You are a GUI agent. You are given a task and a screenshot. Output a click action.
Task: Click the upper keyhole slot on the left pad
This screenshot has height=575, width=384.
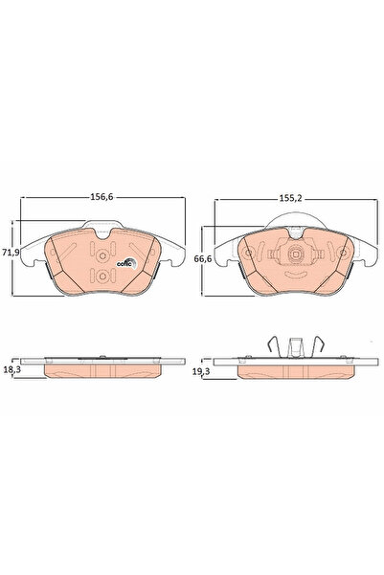coord(102,254)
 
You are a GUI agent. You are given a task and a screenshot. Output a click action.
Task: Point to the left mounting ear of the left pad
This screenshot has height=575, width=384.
coord(29,254)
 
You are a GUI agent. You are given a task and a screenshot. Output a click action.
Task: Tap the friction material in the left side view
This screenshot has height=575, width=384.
coord(101,370)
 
